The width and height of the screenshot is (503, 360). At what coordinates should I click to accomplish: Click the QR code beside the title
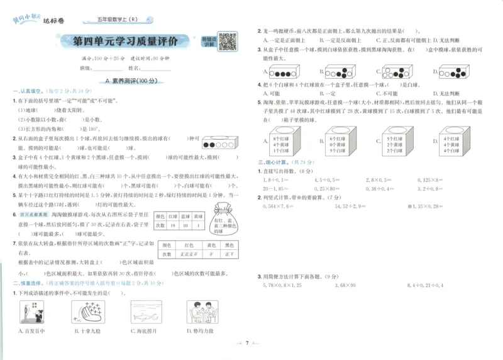pyautogui.click(x=228, y=42)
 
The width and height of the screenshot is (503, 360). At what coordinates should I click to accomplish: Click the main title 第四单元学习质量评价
pyautogui.click(x=126, y=42)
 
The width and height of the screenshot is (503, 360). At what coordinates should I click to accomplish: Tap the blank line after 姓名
pyautogui.click(x=156, y=68)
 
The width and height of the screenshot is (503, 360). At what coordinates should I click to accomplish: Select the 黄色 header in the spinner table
pyautogui.click(x=210, y=245)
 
